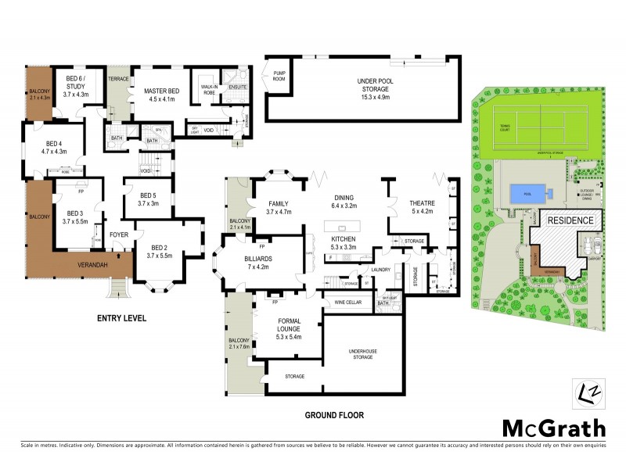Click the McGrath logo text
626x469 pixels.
click(552, 428)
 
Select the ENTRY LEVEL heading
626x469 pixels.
click(121, 318)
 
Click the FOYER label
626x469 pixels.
click(119, 234)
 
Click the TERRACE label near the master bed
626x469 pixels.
click(118, 78)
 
